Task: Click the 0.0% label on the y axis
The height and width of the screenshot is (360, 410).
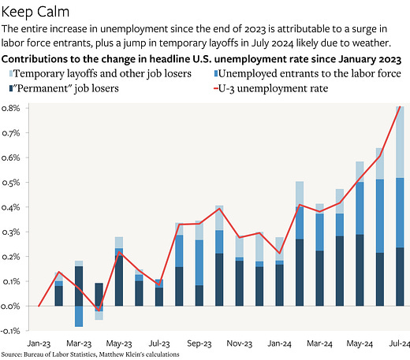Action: point(13,306)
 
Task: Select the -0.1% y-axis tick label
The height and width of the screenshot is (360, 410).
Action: point(13,330)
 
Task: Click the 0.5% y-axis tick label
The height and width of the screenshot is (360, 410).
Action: point(13,183)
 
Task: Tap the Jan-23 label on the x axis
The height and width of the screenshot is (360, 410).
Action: point(38,344)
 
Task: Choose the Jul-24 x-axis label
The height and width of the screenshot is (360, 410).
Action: point(399,344)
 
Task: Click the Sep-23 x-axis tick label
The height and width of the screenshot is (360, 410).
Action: point(199,344)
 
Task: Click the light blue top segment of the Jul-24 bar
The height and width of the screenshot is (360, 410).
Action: point(400,142)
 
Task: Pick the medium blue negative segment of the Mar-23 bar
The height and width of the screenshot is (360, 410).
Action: point(79,316)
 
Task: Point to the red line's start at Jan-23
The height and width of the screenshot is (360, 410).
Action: point(39,306)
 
